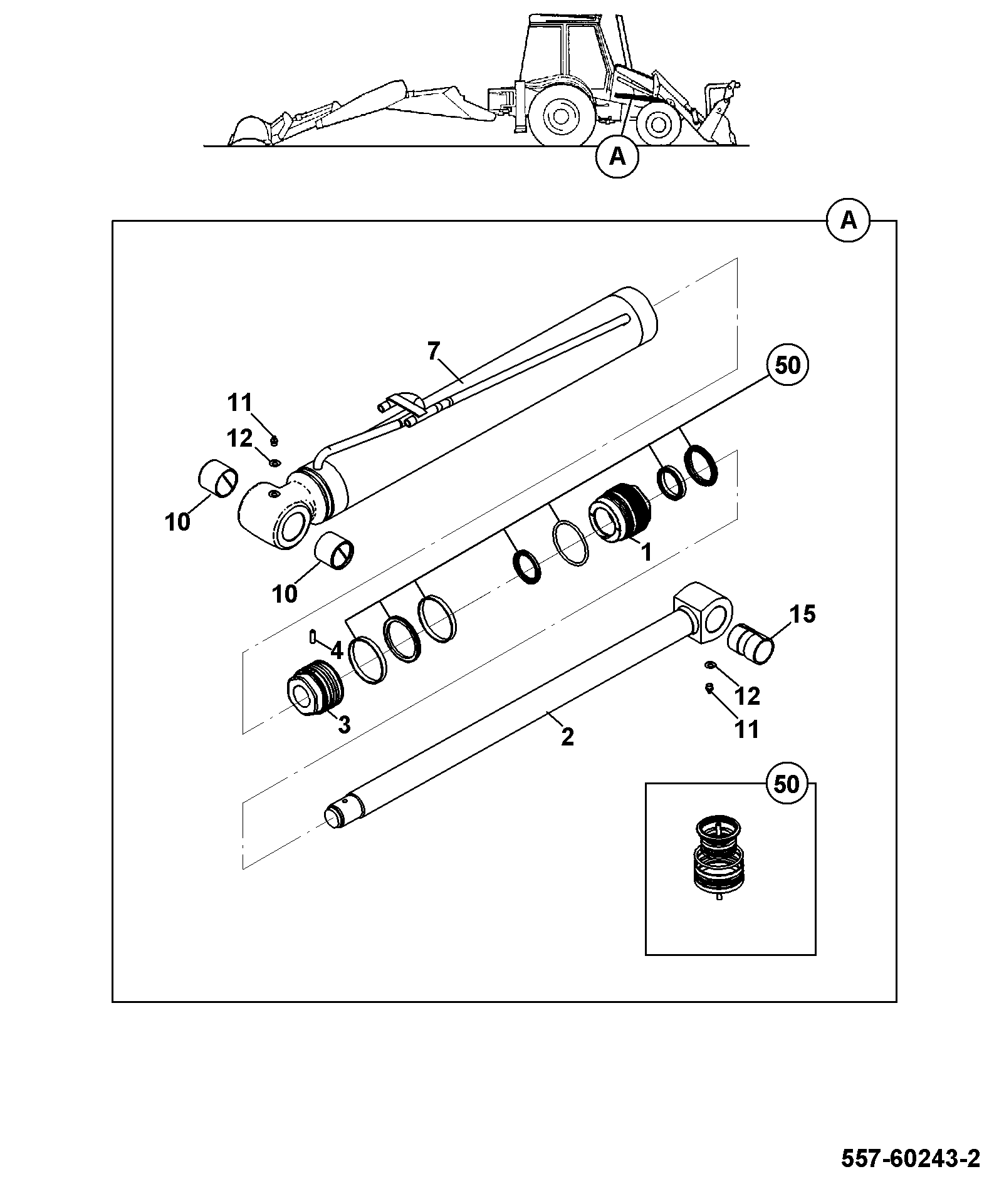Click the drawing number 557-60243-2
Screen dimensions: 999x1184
[910, 1158]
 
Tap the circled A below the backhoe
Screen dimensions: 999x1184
[617, 157]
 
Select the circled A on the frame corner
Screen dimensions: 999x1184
[849, 221]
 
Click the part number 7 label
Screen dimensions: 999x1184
[434, 351]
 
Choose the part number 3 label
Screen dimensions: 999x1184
[344, 724]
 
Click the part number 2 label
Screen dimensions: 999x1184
[567, 737]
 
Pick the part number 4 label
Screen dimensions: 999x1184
[337, 651]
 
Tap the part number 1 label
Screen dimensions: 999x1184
[646, 553]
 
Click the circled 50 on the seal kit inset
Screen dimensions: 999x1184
[787, 784]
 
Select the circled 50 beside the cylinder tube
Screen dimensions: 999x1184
[787, 365]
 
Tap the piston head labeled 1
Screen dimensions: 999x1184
[620, 511]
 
